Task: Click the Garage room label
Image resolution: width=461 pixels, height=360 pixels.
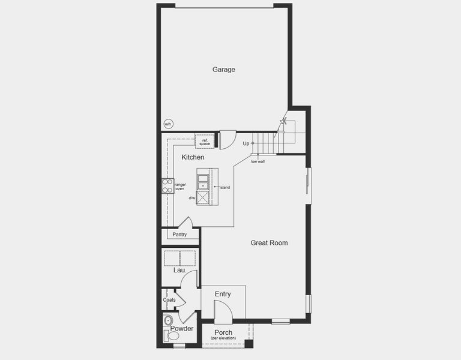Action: [x=223, y=70]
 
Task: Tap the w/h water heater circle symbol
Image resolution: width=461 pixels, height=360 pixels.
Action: [x=167, y=124]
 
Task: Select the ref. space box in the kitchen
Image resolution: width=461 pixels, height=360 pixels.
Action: [x=205, y=142]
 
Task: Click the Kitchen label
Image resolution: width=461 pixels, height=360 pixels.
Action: [x=193, y=157]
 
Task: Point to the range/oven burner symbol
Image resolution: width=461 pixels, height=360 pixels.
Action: [x=167, y=186]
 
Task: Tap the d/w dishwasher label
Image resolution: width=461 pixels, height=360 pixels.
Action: [x=192, y=198]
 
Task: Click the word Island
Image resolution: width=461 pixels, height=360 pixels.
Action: [x=225, y=188]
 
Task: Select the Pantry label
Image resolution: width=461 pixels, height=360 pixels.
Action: [x=180, y=235]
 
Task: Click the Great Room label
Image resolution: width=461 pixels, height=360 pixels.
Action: [x=269, y=243]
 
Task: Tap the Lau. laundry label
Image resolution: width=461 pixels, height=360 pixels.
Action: [x=179, y=270]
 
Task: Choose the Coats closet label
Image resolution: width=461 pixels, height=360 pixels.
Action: [x=169, y=299]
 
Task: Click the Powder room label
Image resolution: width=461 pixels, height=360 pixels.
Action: [x=181, y=329]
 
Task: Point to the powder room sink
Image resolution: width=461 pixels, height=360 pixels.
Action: [x=167, y=319]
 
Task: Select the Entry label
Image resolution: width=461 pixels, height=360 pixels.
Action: [x=223, y=294]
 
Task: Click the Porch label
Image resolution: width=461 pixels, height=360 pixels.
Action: [x=223, y=332]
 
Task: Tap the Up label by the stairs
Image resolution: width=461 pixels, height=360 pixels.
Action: [x=246, y=144]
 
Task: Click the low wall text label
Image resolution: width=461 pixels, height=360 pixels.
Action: [x=258, y=161]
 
